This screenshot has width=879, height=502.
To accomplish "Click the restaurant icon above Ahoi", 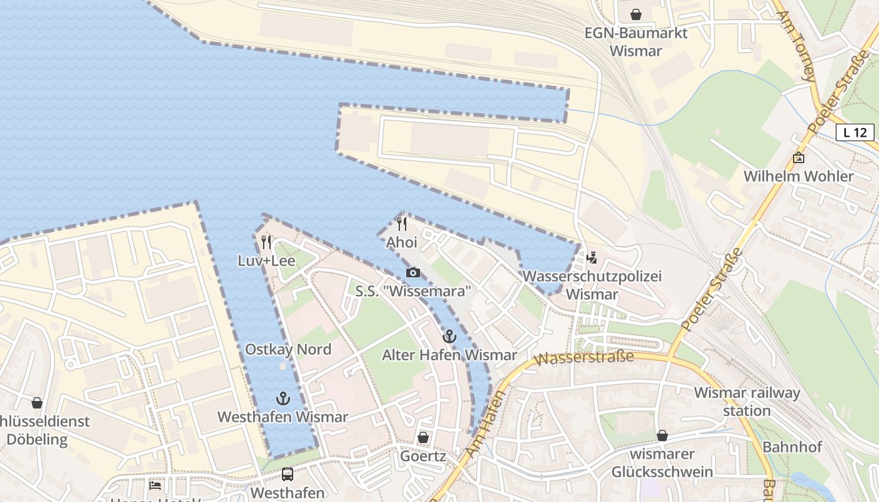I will coord(402,223).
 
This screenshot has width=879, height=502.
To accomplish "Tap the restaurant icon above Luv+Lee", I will coord(266,242).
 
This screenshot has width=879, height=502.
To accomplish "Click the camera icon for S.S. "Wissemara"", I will coord(413,272).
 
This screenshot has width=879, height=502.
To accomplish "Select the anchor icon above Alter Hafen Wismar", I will coord(449,336).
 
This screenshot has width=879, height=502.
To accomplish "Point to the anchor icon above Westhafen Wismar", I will coord(283,398).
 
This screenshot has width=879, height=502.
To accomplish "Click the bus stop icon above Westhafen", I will coord(287,474).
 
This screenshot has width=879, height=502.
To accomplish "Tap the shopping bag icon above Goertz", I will coord(423,437).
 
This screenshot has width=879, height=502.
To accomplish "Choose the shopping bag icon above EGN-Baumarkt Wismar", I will coord(636,14).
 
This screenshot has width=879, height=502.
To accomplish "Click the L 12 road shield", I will coord(855,132).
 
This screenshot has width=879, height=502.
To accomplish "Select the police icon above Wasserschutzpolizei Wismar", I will coord(591,257).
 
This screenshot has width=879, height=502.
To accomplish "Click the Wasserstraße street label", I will coord(583,358).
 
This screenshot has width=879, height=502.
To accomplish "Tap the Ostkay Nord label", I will coord(288,350).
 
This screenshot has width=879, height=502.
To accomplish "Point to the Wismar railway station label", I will coord(747,402).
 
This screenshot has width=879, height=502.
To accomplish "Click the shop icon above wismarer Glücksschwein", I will coord(662,435).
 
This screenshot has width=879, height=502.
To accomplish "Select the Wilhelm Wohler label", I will coord(799,176).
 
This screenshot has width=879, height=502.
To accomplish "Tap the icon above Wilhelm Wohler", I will coord(799,158).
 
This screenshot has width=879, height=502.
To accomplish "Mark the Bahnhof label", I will coord(792,447).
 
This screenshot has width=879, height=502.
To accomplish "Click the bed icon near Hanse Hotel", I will coord(155,485).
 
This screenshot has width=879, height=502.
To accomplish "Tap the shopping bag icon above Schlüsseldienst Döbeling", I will coord(37,403).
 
